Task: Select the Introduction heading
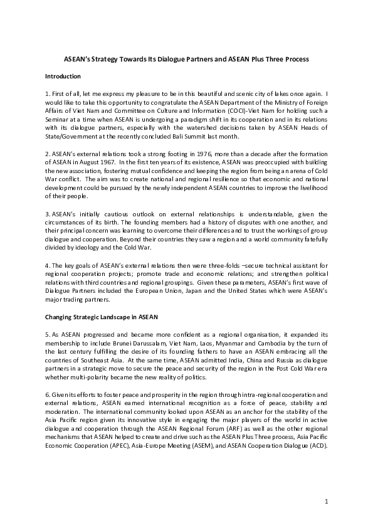(63, 77)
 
